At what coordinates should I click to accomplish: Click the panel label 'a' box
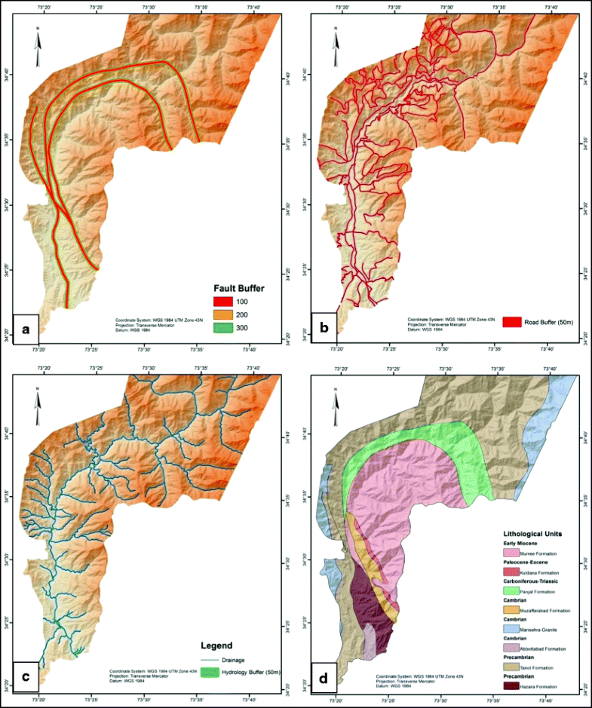26,329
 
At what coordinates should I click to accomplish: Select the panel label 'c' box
27,678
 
